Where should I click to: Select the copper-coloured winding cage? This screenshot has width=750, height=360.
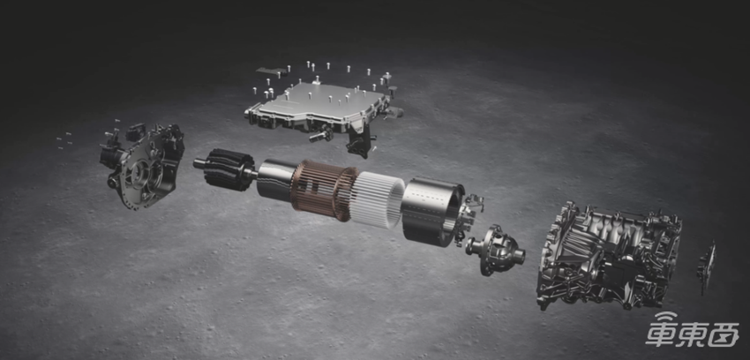pos(323,191)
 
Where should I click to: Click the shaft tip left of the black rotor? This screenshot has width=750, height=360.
pos(199,163)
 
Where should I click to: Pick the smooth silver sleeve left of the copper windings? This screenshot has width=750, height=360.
pos(275,180)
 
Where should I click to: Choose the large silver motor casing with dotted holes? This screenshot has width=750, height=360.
pos(431,211)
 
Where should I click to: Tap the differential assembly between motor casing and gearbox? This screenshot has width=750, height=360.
pos(495,250)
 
